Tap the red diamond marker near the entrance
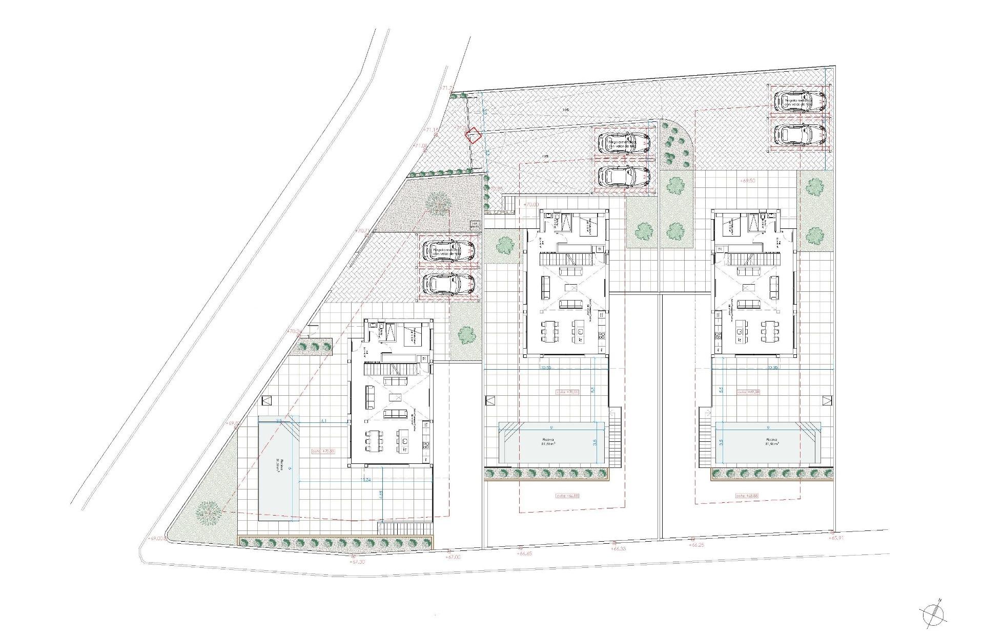tap(473, 135)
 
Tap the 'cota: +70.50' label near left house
tap(323, 451)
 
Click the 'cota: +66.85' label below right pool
tap(747, 496)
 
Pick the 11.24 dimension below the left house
tap(366, 480)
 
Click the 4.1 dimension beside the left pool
tap(323, 421)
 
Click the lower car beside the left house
tap(449, 284)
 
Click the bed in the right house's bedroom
tap(730, 225)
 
